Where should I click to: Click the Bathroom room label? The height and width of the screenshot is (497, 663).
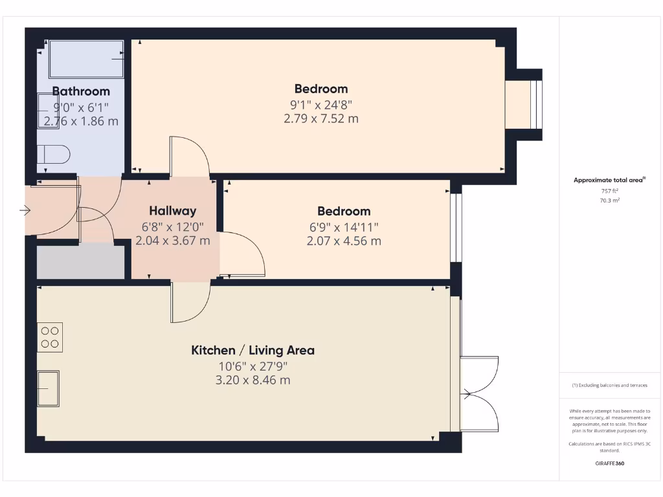point(81,91)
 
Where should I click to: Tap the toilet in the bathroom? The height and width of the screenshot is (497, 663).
point(54,156)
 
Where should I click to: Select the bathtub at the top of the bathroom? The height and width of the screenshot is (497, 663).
point(86,60)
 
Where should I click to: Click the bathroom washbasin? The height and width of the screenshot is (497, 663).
point(48,111)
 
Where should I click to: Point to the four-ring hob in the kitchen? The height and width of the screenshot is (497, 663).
point(50,337)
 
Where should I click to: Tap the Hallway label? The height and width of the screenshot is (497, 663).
point(172,210)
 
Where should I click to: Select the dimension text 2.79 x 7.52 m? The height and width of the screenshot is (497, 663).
point(320,118)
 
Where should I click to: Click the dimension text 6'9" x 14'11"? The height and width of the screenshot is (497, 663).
point(344,226)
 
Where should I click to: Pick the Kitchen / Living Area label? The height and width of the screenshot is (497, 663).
point(253,350)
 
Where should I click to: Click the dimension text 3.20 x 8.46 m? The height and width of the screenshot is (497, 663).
point(253,380)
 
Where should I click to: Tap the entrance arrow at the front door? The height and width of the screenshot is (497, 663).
point(25,210)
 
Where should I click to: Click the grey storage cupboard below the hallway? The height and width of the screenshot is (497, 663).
point(80,262)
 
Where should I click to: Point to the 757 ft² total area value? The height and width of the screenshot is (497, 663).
point(609,191)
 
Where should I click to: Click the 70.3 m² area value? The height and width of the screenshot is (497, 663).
point(609,201)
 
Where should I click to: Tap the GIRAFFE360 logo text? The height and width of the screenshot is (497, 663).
point(609,463)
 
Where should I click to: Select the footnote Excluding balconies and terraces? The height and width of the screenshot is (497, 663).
point(609,385)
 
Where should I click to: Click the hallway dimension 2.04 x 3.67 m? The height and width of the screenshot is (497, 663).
point(172,241)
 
